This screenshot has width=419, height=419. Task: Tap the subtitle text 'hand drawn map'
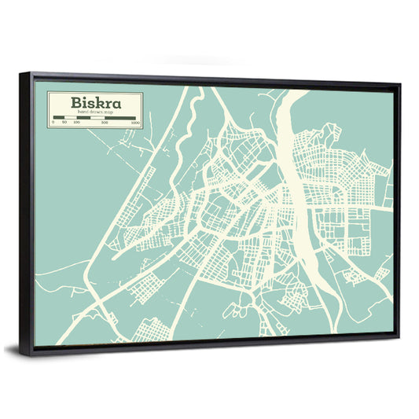point(94,112)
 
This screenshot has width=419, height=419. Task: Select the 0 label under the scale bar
point(53,123)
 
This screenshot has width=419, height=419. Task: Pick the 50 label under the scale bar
point(65,123)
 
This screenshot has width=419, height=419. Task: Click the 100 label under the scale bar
point(77,123)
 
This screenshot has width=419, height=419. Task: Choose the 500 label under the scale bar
point(105,123)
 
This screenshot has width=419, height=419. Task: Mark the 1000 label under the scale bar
point(136,123)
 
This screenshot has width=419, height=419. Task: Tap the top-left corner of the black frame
point(21,73)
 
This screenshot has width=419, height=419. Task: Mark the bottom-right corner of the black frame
point(399,337)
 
